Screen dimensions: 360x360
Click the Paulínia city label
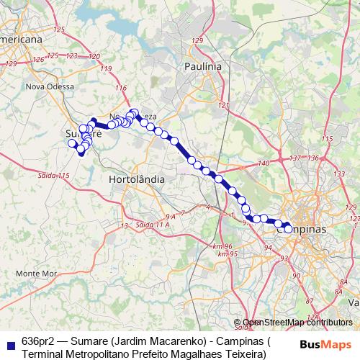tap(202, 66)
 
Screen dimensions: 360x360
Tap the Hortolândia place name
tap(137, 179)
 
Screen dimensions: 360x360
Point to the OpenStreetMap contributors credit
tap(297, 323)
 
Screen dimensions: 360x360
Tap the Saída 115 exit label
tap(55, 176)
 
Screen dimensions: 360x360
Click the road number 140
tap(263, 163)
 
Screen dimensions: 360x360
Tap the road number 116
tap(120, 89)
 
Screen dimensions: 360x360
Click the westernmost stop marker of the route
tap(72, 143)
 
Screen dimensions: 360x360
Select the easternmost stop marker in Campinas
tap(289, 229)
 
